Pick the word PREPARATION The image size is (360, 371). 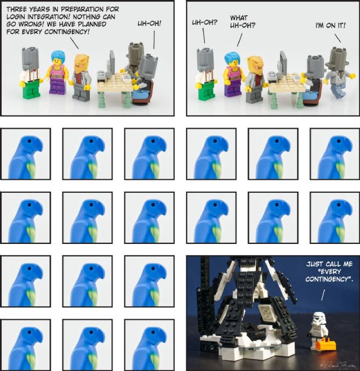[x=83, y=10]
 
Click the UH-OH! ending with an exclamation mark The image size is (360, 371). [x=149, y=24]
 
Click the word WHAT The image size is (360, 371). [x=238, y=18]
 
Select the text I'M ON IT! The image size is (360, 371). [x=330, y=25]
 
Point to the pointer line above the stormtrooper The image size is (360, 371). [x=323, y=295]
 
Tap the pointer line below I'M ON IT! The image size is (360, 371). [x=337, y=38]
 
